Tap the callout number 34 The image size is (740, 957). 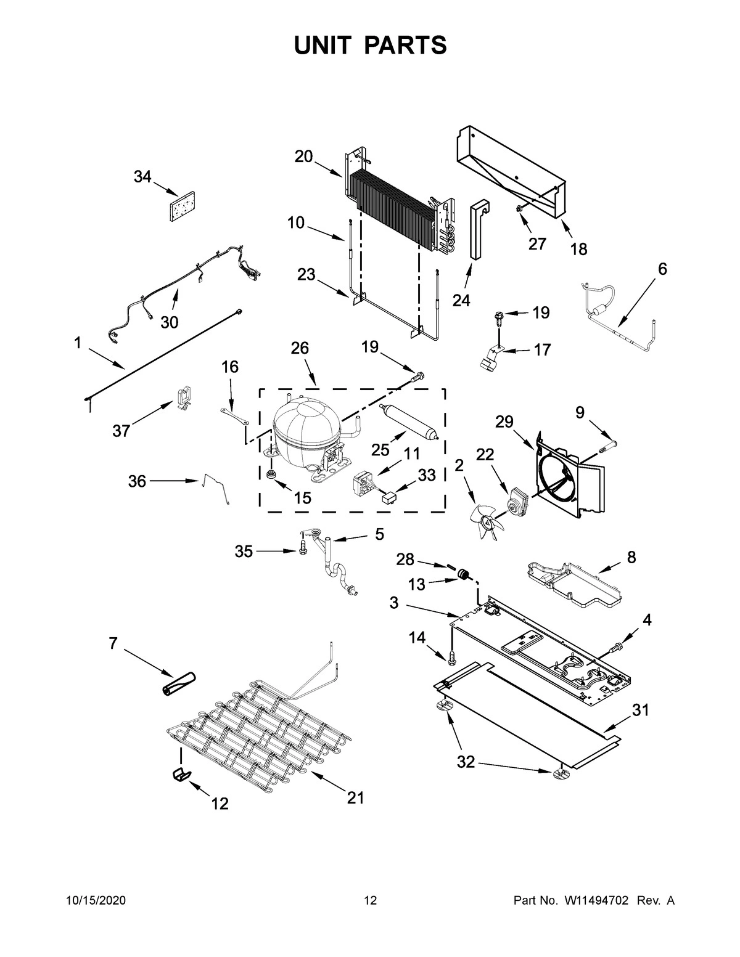pos(142,177)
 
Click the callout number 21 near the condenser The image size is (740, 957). pos(355,797)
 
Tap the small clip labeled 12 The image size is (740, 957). pos(181,775)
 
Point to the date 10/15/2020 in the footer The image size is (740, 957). pos(96,901)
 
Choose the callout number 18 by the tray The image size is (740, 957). pos(578,249)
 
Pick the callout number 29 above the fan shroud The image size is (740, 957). pos(504,422)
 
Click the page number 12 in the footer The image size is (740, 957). pos(370,901)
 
